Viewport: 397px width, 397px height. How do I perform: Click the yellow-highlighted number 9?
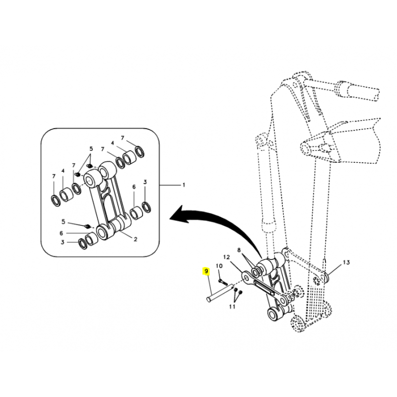click(206, 271)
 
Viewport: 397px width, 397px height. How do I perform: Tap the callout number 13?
click(346, 263)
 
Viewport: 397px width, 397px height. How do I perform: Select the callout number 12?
click(226, 257)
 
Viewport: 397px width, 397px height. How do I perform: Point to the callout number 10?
click(219, 266)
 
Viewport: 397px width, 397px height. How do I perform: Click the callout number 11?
click(232, 307)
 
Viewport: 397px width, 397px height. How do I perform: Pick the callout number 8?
click(239, 250)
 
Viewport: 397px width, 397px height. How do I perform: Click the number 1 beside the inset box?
click(184, 185)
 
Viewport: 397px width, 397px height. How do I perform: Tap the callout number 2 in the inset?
click(135, 239)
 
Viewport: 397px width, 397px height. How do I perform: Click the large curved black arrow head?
click(179, 214)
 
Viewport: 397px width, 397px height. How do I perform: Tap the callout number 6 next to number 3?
click(134, 187)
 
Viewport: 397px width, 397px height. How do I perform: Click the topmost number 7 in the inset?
click(123, 138)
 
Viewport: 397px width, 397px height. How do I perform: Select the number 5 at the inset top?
click(91, 148)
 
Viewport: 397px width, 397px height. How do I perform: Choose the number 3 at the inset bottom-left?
click(63, 242)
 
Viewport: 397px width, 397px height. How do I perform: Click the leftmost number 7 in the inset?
click(54, 176)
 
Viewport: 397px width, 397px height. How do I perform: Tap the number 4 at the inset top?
click(113, 143)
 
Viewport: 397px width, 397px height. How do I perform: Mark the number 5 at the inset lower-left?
click(64, 222)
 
